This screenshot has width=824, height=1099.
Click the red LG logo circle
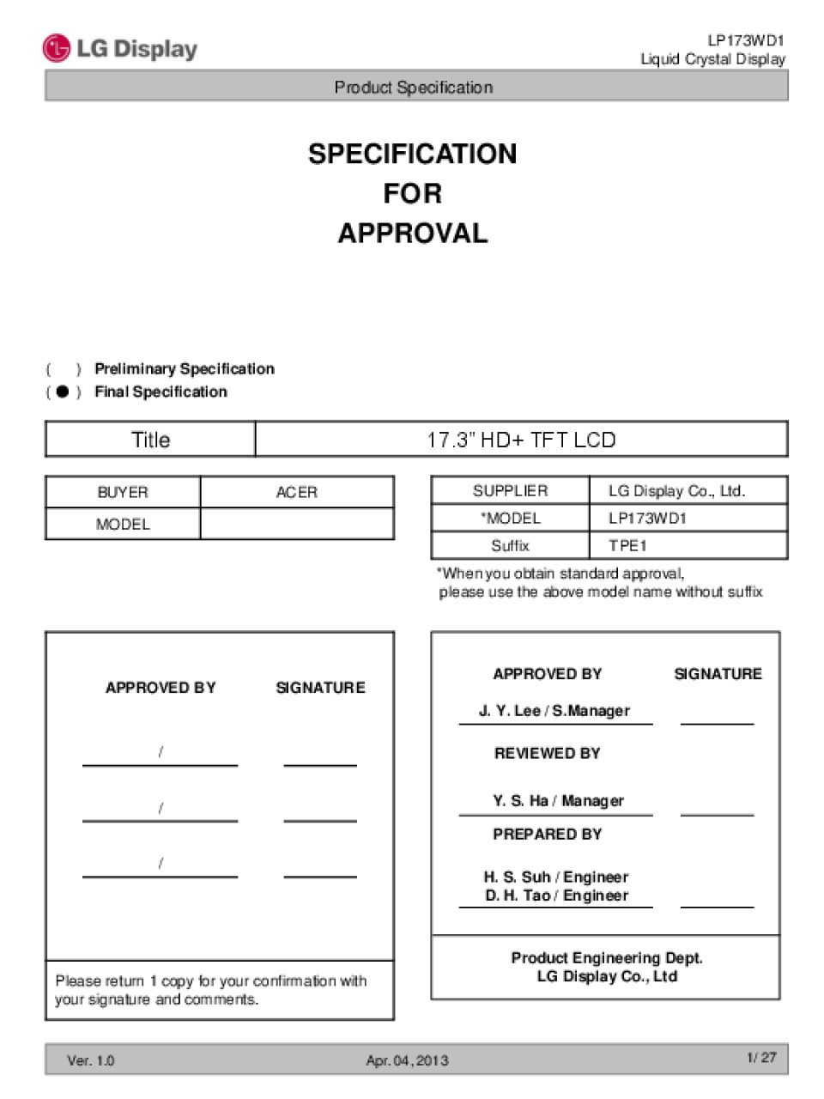point(56,48)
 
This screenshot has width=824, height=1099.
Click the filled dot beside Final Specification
point(62,392)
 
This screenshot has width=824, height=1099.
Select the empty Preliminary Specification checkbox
point(63,369)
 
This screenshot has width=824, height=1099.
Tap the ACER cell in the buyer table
point(296,492)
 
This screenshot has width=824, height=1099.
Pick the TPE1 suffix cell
point(627,545)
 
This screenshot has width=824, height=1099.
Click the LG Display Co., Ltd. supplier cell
point(676,491)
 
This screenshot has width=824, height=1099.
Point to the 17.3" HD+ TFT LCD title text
point(521,440)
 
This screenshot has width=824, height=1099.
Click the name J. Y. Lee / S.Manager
point(554,711)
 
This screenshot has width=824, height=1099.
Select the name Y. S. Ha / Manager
point(558,801)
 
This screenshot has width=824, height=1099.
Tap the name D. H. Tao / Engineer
point(556,896)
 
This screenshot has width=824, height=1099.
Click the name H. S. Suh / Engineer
point(555,877)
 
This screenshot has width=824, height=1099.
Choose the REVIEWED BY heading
point(547,753)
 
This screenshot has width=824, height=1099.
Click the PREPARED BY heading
point(547,834)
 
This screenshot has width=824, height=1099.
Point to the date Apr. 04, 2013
point(407,1060)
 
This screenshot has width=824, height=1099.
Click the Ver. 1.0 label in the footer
point(90,1060)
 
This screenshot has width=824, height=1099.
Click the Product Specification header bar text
point(414,87)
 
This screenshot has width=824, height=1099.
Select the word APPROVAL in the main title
point(412,233)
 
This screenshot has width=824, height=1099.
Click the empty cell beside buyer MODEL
point(296,524)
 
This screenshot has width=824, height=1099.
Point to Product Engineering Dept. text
point(607,957)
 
